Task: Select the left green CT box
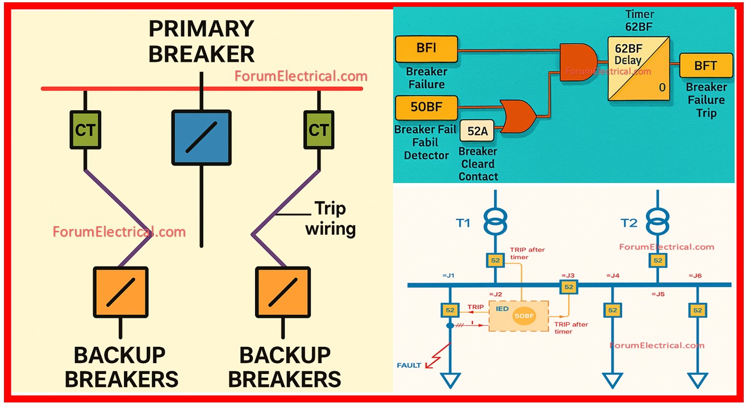[85, 130]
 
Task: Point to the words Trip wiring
[330, 219]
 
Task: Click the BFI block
[426, 49]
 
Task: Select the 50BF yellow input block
[426, 106]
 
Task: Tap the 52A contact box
[477, 131]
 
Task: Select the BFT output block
[705, 66]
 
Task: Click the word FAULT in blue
[409, 365]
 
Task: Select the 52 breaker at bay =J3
[568, 287]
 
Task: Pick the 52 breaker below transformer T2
[657, 260]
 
